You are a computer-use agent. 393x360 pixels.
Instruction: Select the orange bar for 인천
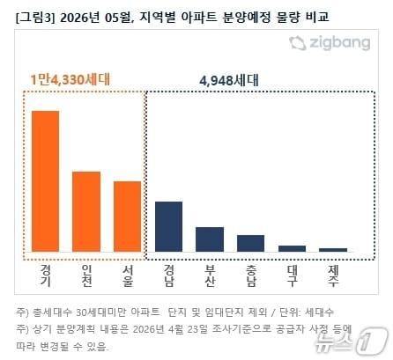[86, 212]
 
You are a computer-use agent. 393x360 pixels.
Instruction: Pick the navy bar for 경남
[168, 227]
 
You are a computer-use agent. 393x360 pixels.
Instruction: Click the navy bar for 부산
[210, 239]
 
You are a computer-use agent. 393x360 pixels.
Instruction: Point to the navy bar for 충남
[250, 244]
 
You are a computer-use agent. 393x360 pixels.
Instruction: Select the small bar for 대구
[292, 249]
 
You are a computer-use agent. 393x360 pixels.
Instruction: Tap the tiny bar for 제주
[333, 250]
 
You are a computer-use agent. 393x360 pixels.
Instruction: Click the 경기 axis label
[45, 275]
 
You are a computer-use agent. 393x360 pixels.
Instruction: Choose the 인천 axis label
[86, 275]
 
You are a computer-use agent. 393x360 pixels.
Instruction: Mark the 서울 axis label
[127, 275]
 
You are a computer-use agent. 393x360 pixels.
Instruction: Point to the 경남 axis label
[168, 275]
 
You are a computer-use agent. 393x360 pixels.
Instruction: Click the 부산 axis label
[210, 275]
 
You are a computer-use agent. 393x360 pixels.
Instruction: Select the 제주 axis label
[333, 275]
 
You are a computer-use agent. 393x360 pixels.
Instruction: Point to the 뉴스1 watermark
[360, 338]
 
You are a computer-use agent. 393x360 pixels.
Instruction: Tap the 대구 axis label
[292, 275]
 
